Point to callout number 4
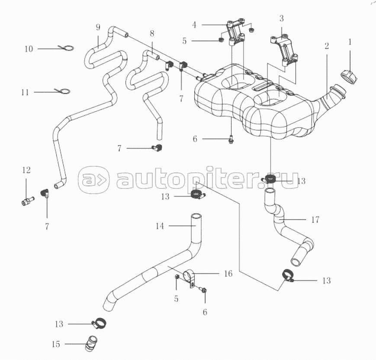(194, 25)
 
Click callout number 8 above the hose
(152, 33)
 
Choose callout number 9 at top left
(98, 28)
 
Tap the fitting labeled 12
(28, 201)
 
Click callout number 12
(26, 170)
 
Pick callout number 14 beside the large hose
(160, 226)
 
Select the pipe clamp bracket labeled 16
(189, 277)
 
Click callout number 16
(228, 274)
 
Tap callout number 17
(315, 220)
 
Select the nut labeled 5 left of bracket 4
(221, 40)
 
